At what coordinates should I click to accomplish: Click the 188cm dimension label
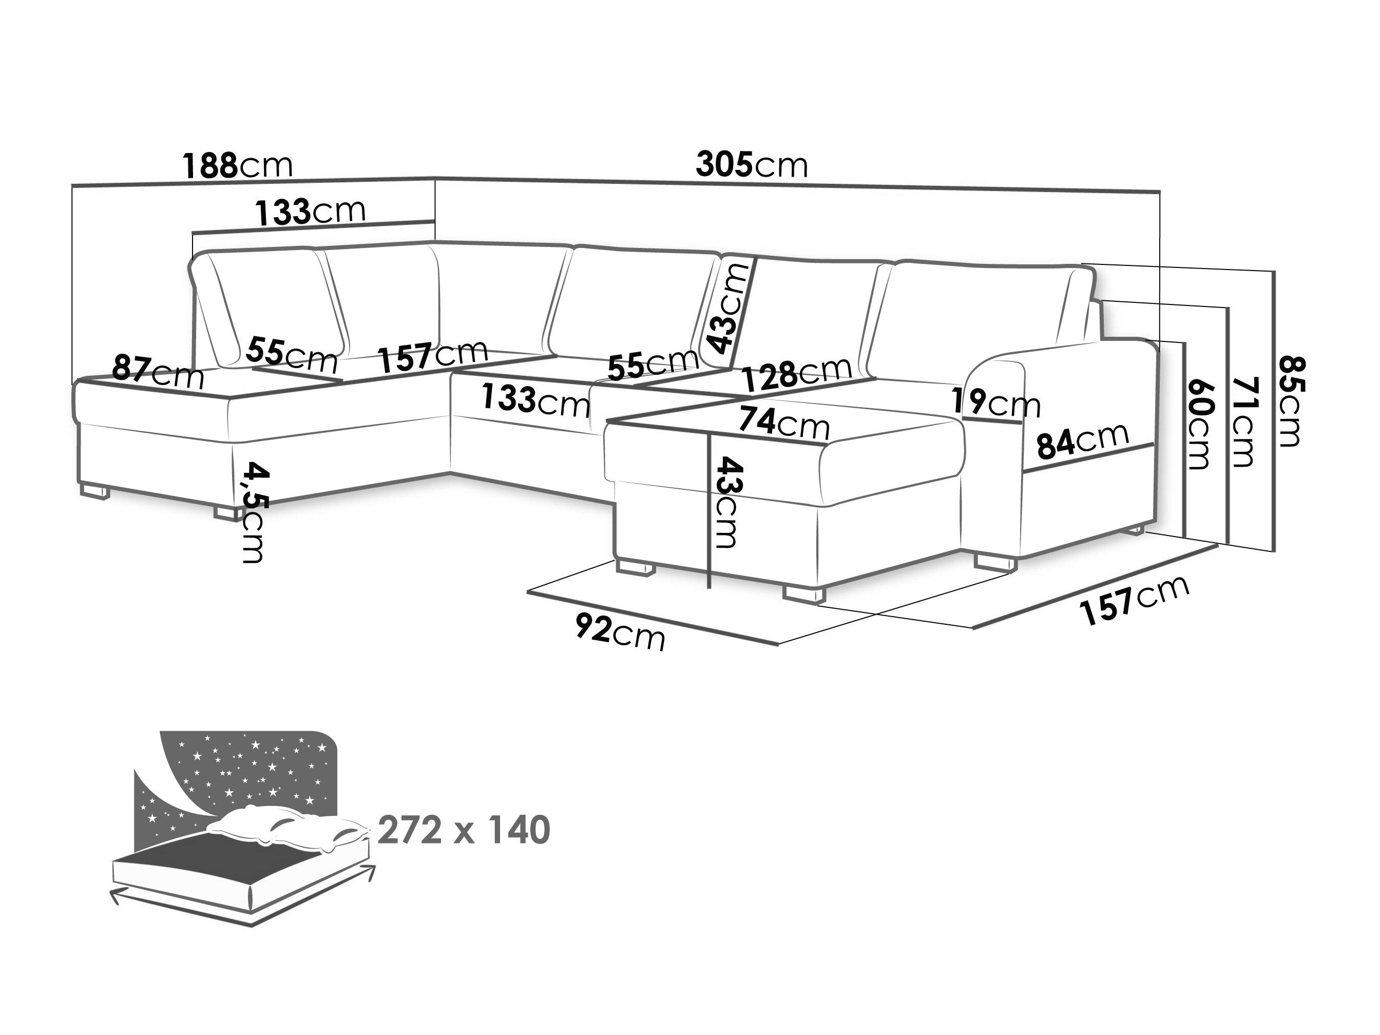pos(237,166)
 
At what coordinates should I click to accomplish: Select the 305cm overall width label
pos(751,165)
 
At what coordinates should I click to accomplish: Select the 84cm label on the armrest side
pos(1082,442)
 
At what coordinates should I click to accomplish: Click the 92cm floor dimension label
pos(620,631)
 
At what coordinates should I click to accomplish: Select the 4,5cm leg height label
pos(253,511)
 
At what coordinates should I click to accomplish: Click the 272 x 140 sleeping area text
pos(464,830)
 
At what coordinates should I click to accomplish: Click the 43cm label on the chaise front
pos(727,503)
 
